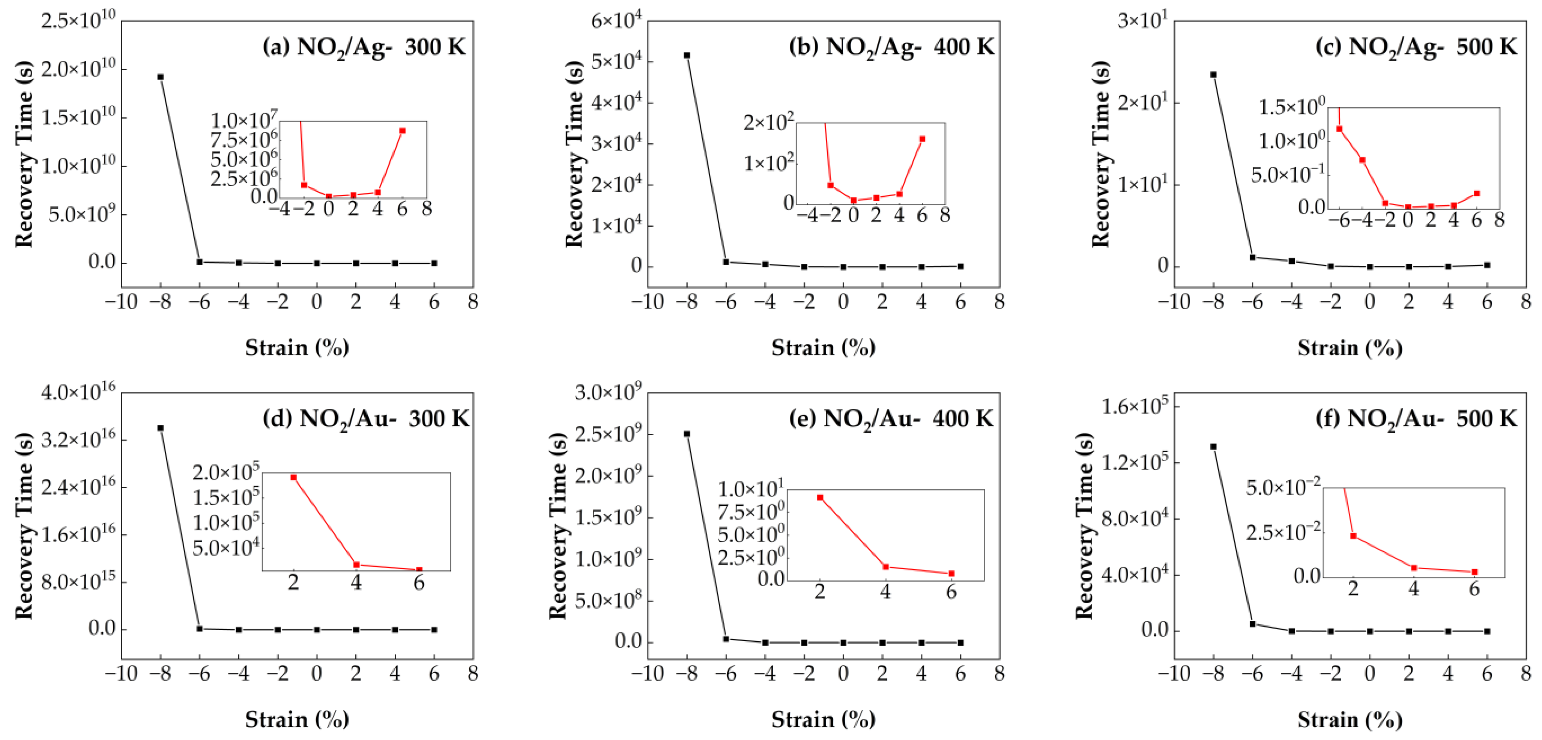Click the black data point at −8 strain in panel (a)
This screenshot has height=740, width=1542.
click(x=161, y=77)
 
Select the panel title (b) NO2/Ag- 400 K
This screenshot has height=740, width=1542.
click(x=891, y=47)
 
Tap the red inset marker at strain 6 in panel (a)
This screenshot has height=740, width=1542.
click(x=402, y=131)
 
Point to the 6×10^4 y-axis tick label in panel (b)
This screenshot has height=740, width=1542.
click(x=616, y=21)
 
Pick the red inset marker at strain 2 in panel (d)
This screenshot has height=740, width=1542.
click(x=293, y=477)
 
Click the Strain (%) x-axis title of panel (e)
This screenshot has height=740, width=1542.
click(x=823, y=719)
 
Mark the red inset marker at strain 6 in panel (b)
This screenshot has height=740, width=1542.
click(x=922, y=139)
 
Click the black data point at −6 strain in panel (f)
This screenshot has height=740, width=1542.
click(x=1252, y=624)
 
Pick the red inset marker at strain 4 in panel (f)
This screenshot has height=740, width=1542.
click(x=1414, y=568)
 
